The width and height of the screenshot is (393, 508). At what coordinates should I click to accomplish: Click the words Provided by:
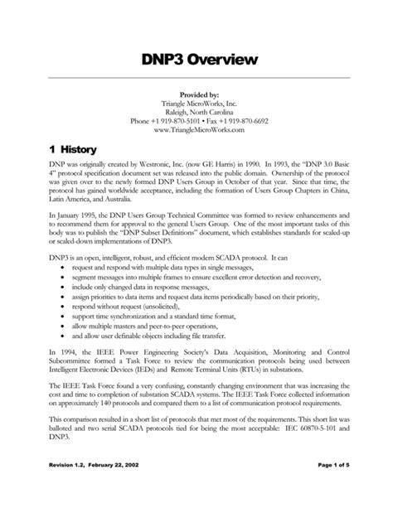coord(196,95)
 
